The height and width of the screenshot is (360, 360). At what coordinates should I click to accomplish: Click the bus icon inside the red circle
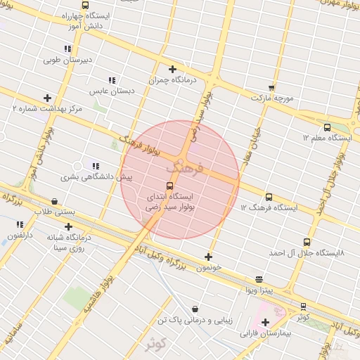(169, 186)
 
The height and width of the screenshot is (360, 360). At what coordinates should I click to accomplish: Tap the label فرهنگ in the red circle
(185, 169)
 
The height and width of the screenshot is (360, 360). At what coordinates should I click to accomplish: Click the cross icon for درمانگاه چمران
(172, 69)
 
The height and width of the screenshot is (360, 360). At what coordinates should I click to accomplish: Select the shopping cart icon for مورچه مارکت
(271, 88)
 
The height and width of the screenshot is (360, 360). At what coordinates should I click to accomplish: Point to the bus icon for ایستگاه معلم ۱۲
(327, 127)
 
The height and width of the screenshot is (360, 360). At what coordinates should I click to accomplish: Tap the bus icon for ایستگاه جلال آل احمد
(307, 241)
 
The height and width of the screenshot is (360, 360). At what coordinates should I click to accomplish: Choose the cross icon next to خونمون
(207, 257)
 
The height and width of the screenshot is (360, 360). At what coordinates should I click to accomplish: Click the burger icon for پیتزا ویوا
(259, 278)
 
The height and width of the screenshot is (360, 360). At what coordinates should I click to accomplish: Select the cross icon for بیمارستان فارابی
(265, 323)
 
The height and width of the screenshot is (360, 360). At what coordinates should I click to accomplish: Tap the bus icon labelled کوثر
(303, 307)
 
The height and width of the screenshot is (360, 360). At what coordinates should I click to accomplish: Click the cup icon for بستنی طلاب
(55, 202)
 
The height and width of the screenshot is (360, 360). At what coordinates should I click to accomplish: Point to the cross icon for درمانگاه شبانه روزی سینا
(68, 226)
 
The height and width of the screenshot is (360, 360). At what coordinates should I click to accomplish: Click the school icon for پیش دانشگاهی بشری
(96, 166)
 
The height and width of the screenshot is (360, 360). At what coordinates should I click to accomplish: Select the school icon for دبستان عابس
(112, 80)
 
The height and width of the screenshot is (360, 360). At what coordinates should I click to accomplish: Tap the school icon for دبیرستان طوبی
(67, 49)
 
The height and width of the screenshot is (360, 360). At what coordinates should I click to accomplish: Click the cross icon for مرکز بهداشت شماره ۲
(47, 98)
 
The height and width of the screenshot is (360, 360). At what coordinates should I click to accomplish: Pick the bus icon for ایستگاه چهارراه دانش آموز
(85, 5)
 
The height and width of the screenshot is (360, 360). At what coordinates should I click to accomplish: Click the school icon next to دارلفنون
(20, 224)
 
